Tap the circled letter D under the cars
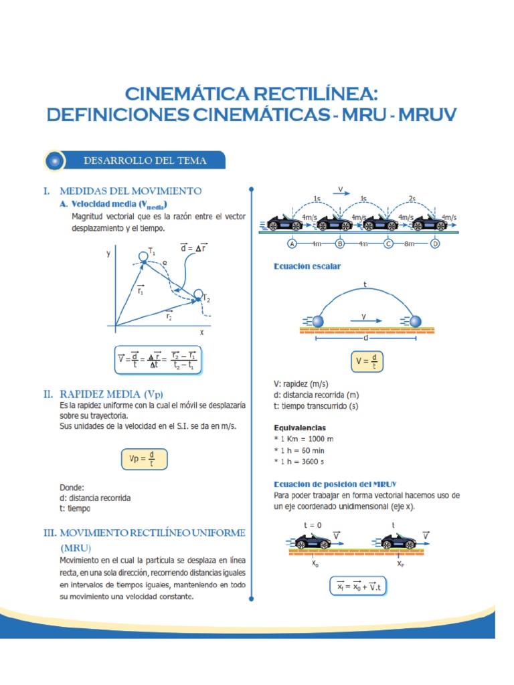pyautogui.click(x=435, y=243)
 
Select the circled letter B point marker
pyautogui.click(x=340, y=243)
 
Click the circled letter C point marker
pyautogui.click(x=388, y=243)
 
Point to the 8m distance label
pyautogui.click(x=410, y=243)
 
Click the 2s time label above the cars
pyautogui.click(x=412, y=199)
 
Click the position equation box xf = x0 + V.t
pyautogui.click(x=359, y=587)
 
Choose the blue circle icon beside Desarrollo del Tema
pyautogui.click(x=55, y=161)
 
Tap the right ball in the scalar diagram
pyautogui.click(x=416, y=322)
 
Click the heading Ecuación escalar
pyautogui.click(x=307, y=266)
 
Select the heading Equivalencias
pyautogui.click(x=305, y=427)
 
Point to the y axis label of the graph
pyautogui.click(x=108, y=254)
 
